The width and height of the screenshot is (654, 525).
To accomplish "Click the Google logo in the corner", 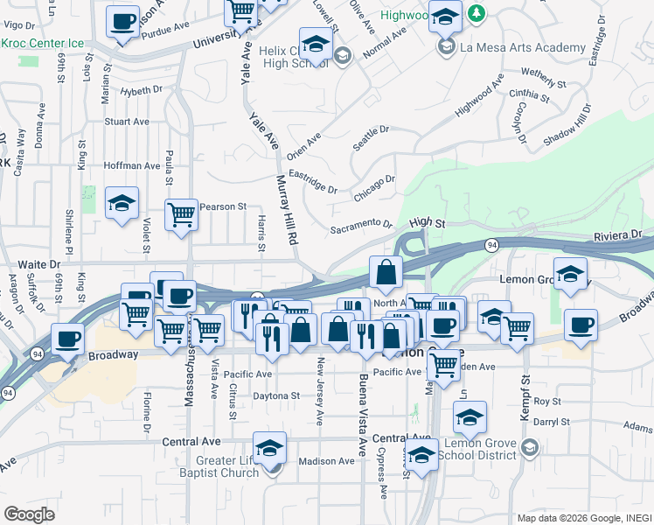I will pyautogui.click(x=30, y=514).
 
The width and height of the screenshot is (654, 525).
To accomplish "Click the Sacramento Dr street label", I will pyautogui.click(x=361, y=227).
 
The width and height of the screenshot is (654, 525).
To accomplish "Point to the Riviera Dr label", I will pyautogui.click(x=618, y=234).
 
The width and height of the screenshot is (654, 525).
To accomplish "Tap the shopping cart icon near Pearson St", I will pyautogui.click(x=182, y=213).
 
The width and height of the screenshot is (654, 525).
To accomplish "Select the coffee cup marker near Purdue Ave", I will pyautogui.click(x=123, y=21).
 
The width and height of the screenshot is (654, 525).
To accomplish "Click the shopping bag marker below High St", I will pyautogui.click(x=386, y=273).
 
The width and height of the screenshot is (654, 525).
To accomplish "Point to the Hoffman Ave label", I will pyautogui.click(x=131, y=165).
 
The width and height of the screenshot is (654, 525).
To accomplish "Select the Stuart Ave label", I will pyautogui.click(x=129, y=122).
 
